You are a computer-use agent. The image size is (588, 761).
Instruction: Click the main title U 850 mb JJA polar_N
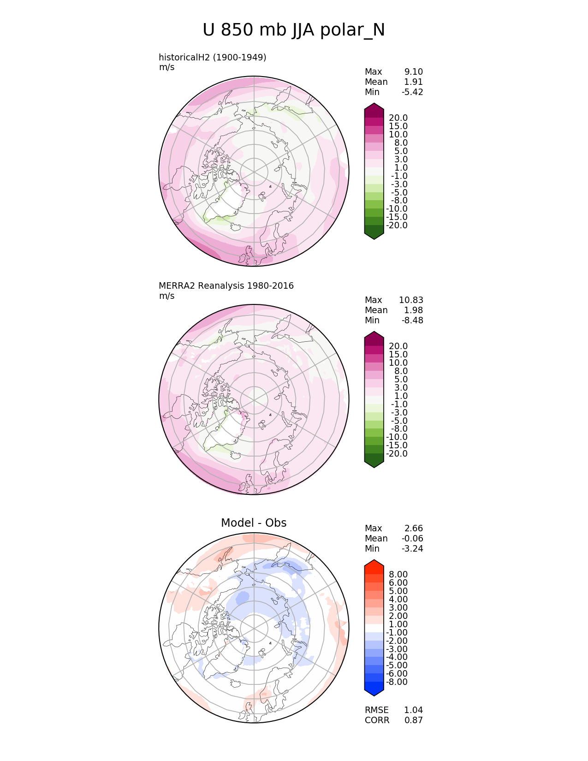pos(294,30)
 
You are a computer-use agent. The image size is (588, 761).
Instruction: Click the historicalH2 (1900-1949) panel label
pos(212,57)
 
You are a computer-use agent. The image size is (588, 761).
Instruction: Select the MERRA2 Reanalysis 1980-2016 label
pos(226,285)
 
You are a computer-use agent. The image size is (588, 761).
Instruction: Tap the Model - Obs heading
pos(254,523)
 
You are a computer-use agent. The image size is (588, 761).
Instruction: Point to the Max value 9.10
pos(413,71)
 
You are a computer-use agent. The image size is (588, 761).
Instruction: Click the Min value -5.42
pos(412,92)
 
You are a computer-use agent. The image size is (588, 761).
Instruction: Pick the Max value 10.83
pos(411,300)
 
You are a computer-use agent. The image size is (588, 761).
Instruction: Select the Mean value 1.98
pos(413,310)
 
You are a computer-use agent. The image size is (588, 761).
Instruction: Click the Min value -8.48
pos(412,320)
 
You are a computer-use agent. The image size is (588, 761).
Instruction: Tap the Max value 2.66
pos(413,528)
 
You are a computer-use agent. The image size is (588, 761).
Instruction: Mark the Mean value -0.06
pos(412,538)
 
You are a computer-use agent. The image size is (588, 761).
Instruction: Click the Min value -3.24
pos(412,548)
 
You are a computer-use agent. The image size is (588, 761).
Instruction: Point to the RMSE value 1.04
pos(413,710)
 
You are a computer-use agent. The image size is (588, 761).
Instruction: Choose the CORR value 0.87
pos(413,720)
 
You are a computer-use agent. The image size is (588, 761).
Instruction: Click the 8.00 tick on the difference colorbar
pos(398,574)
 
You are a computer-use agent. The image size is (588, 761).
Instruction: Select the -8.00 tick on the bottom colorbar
pos(397,682)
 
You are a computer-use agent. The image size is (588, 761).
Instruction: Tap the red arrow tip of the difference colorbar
pos(374,564)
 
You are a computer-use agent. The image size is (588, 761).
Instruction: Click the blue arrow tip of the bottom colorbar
pos(374,692)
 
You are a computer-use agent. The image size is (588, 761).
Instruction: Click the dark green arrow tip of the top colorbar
pos(374,235)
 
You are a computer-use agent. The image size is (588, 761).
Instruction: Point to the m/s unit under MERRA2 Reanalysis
pos(166,296)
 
